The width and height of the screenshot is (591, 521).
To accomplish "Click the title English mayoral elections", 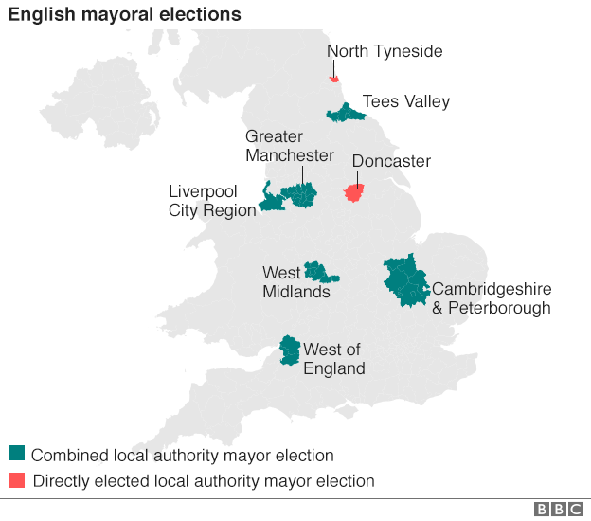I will (125, 15).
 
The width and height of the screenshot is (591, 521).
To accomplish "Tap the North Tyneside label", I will (385, 51).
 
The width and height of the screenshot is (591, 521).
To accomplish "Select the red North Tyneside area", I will (334, 80).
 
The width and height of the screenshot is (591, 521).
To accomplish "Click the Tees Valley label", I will (406, 101).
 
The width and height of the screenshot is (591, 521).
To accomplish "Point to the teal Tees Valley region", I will (346, 114).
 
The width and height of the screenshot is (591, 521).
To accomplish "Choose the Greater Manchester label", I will (289, 146).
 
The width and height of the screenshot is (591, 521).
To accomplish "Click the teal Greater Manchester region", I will (301, 195).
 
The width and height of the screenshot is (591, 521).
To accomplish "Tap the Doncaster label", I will (391, 161).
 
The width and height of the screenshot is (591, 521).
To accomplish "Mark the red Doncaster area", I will (354, 193).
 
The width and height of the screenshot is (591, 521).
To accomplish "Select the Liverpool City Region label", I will (212, 201).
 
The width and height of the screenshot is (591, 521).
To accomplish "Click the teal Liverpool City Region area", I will (272, 201).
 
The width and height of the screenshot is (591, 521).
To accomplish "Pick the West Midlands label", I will (295, 282).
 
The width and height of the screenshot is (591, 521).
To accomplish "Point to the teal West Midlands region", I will (319, 273).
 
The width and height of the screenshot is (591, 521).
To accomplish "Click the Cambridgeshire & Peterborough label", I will (491, 297).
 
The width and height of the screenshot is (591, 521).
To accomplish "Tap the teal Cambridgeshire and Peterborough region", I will (405, 280).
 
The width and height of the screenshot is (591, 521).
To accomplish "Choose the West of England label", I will (333, 359).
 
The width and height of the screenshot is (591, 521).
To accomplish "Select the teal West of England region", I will (289, 350).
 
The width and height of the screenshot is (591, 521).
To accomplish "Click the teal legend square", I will (17, 455).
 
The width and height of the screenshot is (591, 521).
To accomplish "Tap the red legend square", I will (17, 480).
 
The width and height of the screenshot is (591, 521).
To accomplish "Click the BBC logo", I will (559, 510).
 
